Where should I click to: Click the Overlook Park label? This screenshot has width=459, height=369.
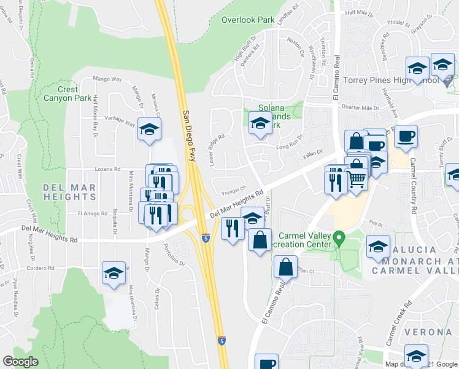tap(248, 20)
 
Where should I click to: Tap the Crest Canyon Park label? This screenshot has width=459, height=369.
tap(67, 93)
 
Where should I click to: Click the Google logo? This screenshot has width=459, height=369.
tap(20, 362)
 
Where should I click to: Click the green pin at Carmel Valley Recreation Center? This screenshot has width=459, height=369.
tap(337, 237)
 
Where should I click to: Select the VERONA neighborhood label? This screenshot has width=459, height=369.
tap(427, 332)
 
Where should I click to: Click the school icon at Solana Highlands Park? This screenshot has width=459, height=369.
tap(260, 123)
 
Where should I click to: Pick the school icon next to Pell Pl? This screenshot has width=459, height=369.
tap(378, 247)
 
